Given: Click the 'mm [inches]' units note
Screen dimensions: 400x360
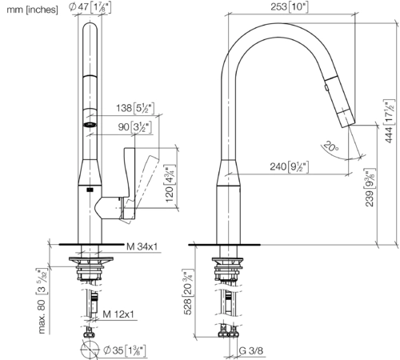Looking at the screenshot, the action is [x=32, y=10].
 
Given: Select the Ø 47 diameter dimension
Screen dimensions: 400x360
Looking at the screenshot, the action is [x=90, y=7].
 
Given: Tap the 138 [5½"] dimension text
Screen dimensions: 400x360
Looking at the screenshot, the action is [x=135, y=108].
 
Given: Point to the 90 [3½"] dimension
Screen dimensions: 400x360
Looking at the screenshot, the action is [x=135, y=127].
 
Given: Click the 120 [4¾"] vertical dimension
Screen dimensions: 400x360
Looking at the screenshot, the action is [x=170, y=183].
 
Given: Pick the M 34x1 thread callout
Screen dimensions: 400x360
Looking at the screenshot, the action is [x=142, y=246].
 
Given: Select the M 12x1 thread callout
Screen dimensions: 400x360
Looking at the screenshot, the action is [x=118, y=314].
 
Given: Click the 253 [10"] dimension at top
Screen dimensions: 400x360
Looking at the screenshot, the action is [x=290, y=6].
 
